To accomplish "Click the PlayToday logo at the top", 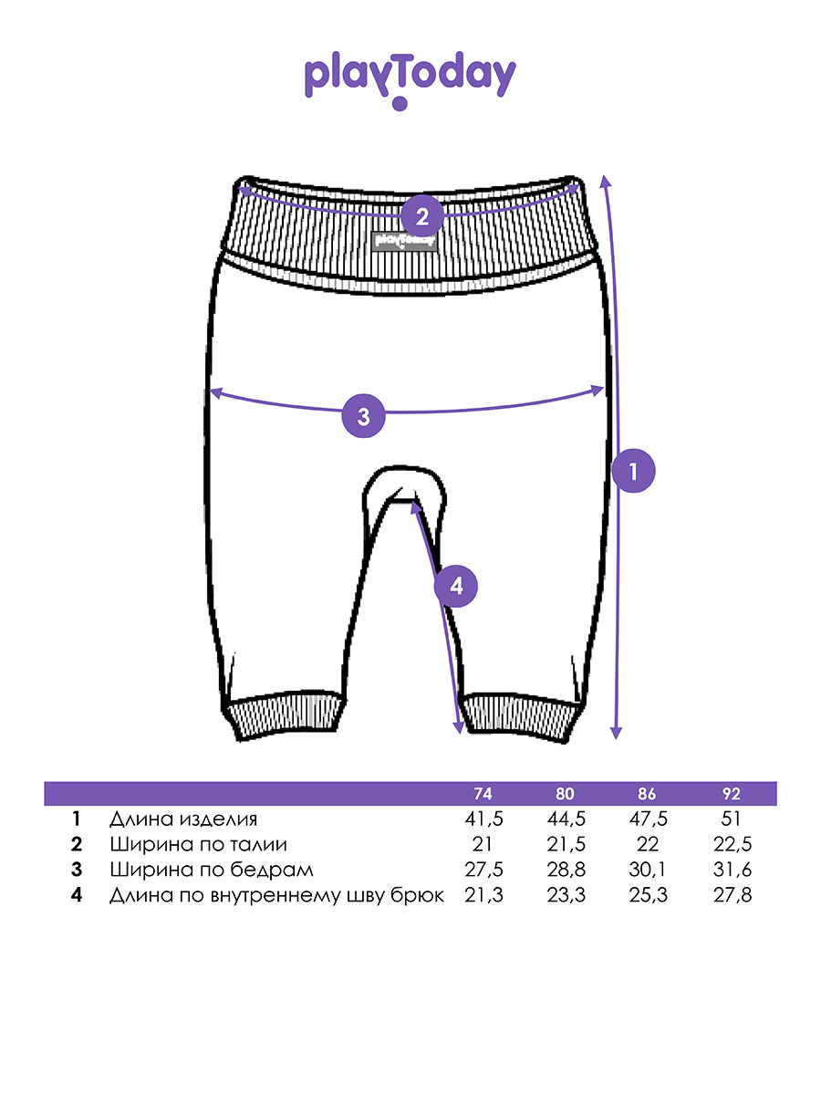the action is (x=410, y=79).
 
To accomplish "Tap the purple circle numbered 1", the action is (x=633, y=471).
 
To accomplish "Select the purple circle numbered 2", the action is (x=422, y=216).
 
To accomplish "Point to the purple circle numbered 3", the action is (x=363, y=416).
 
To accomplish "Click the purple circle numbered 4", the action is (x=455, y=586).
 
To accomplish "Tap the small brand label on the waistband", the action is (x=404, y=241).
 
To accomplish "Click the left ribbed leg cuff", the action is (x=283, y=716).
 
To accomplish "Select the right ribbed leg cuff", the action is (x=521, y=717).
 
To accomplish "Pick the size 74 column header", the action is (x=483, y=794).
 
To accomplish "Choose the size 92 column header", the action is (x=732, y=794).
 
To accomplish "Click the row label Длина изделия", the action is (x=183, y=819).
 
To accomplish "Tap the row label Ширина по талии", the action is (x=198, y=844).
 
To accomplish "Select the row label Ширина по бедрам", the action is (x=212, y=870).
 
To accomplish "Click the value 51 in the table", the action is (x=731, y=819).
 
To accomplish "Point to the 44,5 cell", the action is (x=566, y=819).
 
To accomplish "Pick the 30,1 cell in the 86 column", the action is (x=647, y=870).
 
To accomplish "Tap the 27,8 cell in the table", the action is (x=732, y=895).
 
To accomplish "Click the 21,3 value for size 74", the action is (x=483, y=895).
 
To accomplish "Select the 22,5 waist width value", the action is (x=732, y=844).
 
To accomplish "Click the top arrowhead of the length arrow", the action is (x=605, y=181).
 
